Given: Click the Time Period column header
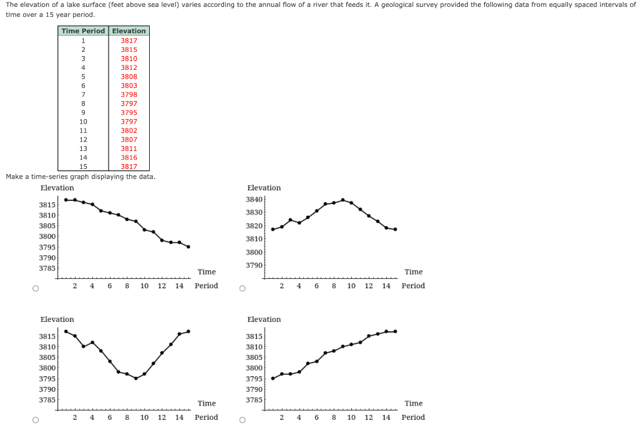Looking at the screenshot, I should tap(83, 31).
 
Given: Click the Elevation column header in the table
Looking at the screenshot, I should tap(129, 31).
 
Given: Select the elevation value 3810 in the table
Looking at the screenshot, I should tap(129, 58).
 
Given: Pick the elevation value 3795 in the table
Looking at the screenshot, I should tap(129, 112).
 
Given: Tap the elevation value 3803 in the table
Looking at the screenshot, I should tap(129, 85).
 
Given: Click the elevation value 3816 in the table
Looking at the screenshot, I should tap(129, 158).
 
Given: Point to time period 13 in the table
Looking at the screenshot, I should tap(83, 148).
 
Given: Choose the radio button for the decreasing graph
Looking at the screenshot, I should tap(36, 289).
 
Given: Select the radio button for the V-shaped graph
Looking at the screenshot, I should tap(36, 421).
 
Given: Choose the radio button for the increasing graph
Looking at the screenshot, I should tap(243, 421).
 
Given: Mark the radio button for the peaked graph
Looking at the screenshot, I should tap(243, 289).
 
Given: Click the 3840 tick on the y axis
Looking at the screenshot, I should tap(255, 200).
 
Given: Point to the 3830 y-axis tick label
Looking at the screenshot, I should tap(255, 213).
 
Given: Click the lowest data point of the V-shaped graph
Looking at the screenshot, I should tap(135, 378).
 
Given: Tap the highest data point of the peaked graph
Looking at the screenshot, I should tap(343, 200).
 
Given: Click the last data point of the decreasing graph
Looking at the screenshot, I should tap(188, 246).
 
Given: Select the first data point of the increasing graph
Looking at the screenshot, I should tap(273, 378).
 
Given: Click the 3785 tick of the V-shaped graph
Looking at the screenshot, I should tap(47, 399).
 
